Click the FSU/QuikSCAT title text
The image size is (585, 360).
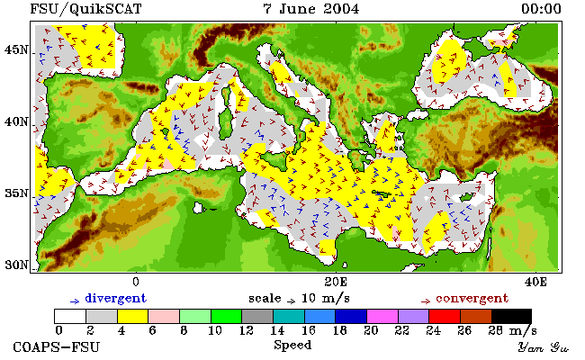(85, 9)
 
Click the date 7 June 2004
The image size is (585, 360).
(311, 9)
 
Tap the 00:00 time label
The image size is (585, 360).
(541, 9)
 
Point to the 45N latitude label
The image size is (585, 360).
(16, 49)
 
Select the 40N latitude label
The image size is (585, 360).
(16, 121)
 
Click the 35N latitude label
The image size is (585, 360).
(16, 193)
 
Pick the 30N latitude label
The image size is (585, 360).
(16, 265)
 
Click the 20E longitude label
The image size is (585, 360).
(336, 282)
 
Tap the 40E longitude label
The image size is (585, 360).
(535, 282)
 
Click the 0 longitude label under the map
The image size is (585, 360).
(136, 282)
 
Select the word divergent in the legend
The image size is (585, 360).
(116, 299)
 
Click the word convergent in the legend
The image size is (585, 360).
(472, 299)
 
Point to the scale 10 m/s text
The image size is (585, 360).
(299, 299)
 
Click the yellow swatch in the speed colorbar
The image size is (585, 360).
(133, 317)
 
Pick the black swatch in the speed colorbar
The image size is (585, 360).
(511, 317)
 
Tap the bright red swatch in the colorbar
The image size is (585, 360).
(445, 317)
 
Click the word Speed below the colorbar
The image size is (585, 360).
(292, 346)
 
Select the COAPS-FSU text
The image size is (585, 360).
(57, 346)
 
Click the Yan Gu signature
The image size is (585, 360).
(544, 347)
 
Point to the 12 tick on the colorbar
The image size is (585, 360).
(246, 330)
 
